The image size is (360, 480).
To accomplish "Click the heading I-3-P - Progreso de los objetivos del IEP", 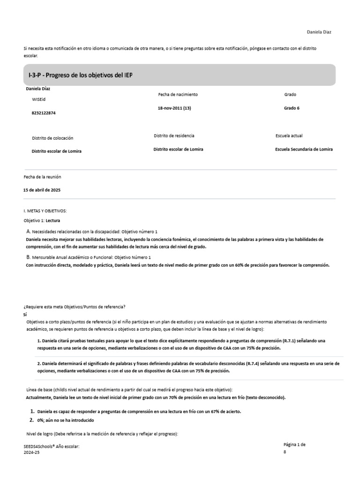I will point(81,75).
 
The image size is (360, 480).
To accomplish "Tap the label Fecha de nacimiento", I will point(178,94).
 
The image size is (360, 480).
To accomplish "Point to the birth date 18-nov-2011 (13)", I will point(174,108).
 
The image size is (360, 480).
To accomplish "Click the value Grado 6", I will point(292,108).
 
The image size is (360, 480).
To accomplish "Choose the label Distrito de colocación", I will point(52,138).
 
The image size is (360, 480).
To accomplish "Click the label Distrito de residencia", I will point(174,135).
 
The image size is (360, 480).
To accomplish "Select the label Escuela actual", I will point(289,135).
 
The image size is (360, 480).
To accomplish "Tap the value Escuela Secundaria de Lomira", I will point(304,149).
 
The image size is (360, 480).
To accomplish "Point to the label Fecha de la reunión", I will point(42,177).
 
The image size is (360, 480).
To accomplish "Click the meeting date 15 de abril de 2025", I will point(42,190).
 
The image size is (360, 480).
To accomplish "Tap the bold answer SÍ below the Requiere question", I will point(26,315).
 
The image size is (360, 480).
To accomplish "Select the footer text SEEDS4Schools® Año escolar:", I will point(52,447).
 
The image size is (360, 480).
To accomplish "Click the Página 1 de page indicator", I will point(294,444).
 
